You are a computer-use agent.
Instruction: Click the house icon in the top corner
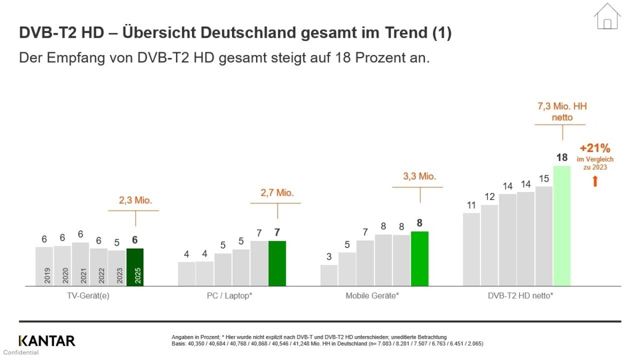click(x=607, y=16)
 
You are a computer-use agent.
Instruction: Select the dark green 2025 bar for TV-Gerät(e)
click(x=135, y=267)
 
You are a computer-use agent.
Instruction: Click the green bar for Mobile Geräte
click(x=420, y=259)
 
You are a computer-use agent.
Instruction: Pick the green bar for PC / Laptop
click(x=277, y=263)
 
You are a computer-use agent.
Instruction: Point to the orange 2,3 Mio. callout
click(x=135, y=201)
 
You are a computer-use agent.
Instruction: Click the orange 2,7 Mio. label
click(x=277, y=193)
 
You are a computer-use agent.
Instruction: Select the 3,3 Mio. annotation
click(x=419, y=177)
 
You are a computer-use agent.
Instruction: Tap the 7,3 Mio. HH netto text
click(x=562, y=112)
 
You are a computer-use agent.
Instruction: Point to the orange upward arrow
click(x=595, y=181)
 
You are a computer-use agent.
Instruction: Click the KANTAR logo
click(x=47, y=341)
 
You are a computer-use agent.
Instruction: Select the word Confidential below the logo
click(x=21, y=353)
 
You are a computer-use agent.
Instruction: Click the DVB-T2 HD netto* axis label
click(x=517, y=295)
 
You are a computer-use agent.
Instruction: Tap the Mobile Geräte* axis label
click(x=372, y=295)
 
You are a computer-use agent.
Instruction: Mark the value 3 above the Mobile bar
click(x=329, y=257)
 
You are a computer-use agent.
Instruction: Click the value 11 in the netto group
click(x=471, y=205)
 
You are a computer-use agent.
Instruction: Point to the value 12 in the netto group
click(x=489, y=197)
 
